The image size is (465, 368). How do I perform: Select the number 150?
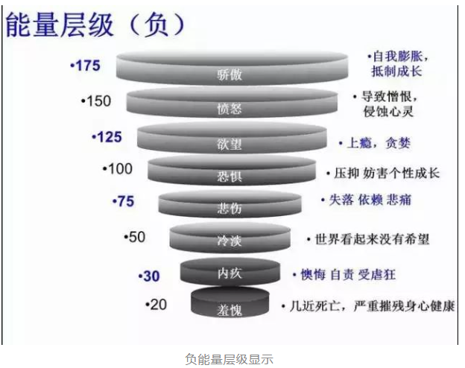[98, 101]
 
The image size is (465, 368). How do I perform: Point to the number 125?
[107, 137]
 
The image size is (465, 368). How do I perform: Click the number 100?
[118, 169]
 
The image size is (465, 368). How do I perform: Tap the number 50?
[136, 237]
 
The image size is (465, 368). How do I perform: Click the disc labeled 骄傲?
[232, 69]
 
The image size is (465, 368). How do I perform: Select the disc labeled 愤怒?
[233, 104]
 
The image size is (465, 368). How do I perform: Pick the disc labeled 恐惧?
[232, 173]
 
